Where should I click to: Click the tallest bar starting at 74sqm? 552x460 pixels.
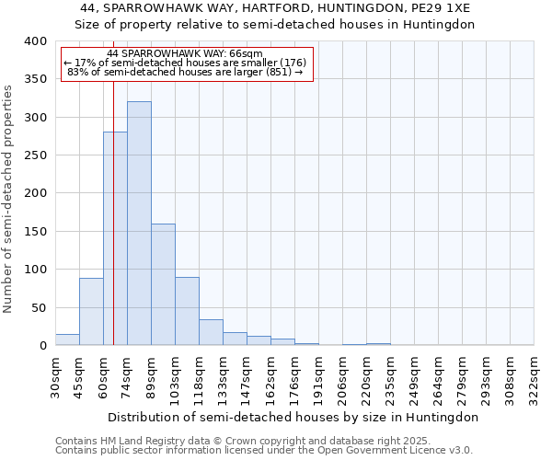139,224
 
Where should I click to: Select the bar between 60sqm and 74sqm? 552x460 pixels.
115,239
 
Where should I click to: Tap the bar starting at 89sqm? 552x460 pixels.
163,284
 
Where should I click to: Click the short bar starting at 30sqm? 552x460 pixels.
67,339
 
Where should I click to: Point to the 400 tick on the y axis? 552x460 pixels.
35,41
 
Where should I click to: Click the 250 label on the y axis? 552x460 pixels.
35,155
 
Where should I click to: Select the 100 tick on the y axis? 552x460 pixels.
35,270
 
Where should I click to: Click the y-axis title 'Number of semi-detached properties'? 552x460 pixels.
9,199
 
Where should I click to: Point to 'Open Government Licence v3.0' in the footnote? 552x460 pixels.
397,450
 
